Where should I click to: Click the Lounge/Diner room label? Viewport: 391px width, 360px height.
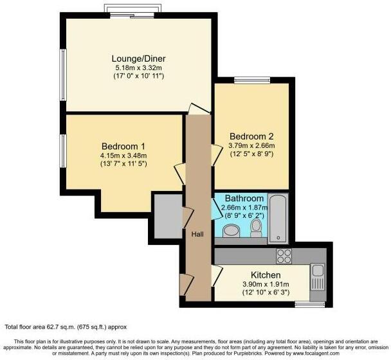click(138, 59)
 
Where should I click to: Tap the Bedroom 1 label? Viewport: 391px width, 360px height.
click(123, 147)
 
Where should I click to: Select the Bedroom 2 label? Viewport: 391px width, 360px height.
click(251, 136)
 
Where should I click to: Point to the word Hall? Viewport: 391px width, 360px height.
click(197, 234)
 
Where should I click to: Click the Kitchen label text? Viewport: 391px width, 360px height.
click(266, 275)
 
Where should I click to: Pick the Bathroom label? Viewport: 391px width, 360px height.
click(244, 199)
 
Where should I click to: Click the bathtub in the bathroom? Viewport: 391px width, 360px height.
click(278, 219)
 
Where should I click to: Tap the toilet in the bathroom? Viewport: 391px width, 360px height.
click(256, 228)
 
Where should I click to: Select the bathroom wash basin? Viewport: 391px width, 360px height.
click(232, 231)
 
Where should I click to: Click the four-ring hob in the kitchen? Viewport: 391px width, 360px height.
click(284, 256)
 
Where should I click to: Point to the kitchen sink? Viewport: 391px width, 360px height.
click(317, 278)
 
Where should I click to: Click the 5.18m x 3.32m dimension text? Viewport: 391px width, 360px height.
click(138, 67)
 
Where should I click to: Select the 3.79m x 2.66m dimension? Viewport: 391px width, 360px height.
click(251, 145)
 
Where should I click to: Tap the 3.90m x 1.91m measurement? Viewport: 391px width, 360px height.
click(266, 284)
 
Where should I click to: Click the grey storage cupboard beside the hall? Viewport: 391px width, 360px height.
click(168, 216)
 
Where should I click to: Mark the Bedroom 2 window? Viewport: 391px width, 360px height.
click(252, 80)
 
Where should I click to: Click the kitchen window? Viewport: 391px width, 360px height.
click(310, 304)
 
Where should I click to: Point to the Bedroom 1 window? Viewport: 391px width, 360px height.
click(63, 151)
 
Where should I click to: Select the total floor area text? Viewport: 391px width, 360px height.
click(66, 327)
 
